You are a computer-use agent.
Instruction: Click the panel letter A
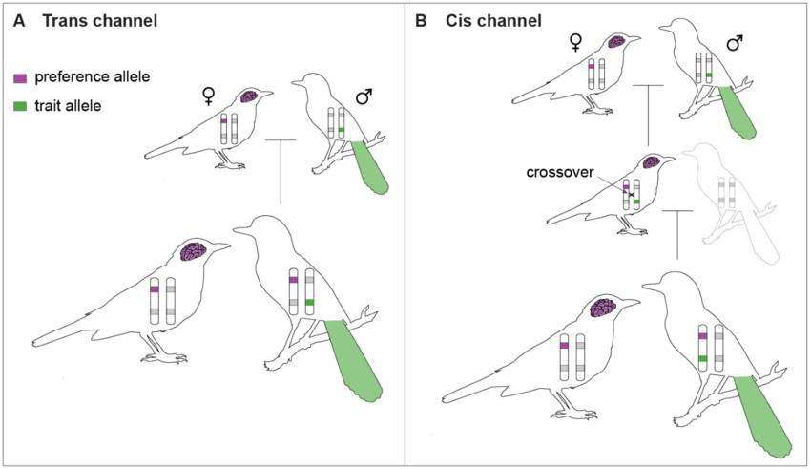pos(19,21)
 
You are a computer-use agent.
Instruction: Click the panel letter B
pos(421,21)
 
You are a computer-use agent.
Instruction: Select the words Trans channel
pos(100,21)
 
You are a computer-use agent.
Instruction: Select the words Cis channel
pos(493,21)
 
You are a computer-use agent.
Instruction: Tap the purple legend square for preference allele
pos(20,78)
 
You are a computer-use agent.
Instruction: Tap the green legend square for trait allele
pos(20,107)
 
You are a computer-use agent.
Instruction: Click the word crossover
pos(560,172)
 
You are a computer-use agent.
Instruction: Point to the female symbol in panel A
pos(208,96)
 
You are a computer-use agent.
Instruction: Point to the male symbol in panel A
pos(364,96)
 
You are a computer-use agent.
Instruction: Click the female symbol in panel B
pos(575,42)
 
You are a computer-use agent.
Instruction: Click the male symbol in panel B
pos(735,42)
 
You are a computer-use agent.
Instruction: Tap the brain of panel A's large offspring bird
pos(194,251)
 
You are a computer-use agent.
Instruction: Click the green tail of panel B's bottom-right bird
pos(763,416)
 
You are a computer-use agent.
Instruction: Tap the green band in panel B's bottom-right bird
pos(702,359)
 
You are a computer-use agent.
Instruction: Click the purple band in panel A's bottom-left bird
pos(155,289)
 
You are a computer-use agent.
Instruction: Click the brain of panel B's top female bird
pos(616,41)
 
